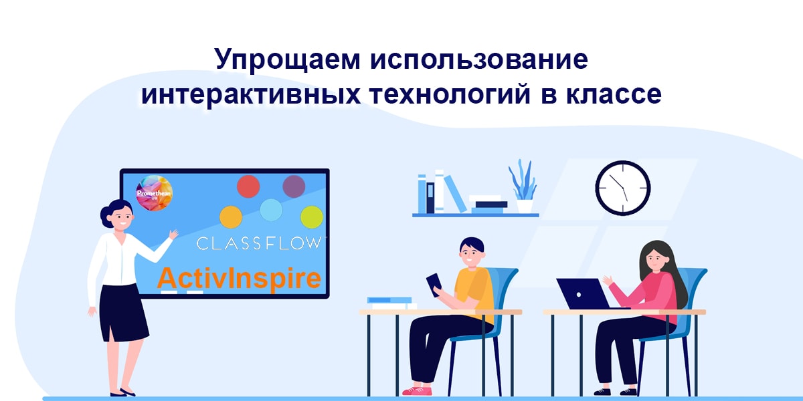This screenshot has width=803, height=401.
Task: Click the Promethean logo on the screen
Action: click(154, 192)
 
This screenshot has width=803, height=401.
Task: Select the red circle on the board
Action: click(248, 186)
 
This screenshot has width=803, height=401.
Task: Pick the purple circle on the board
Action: click(294, 186)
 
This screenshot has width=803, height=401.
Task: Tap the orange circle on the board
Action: click(231, 217)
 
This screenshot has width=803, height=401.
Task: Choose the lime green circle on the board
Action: click(312, 217)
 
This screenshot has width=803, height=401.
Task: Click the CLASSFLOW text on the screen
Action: click(258, 243)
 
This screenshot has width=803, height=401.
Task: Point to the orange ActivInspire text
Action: click(239, 278)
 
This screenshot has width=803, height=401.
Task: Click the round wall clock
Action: click(623, 188)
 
